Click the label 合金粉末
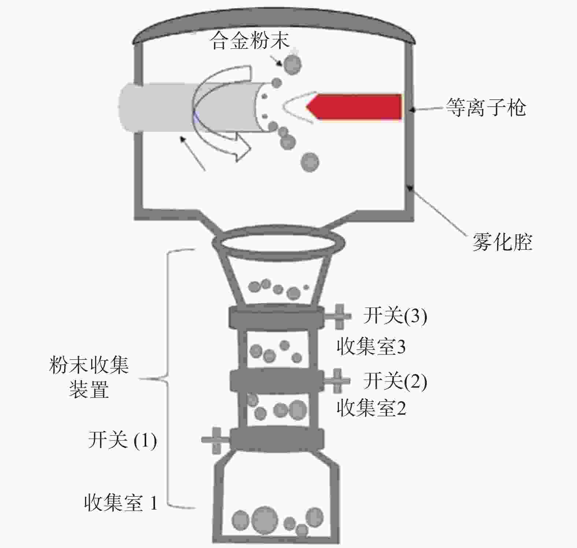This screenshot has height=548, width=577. coord(250,41)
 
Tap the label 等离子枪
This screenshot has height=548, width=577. coord(486,107)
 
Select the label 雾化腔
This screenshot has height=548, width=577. coord(502,242)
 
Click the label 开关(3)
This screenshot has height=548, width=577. coord(395,315)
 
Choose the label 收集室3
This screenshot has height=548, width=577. coord(371,346)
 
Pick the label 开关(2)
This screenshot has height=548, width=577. coord(395,381)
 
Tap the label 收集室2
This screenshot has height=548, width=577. coord(371,408)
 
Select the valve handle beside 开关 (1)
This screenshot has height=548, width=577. coord(215,440)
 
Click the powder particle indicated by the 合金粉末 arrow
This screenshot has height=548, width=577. coord(293,65)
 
